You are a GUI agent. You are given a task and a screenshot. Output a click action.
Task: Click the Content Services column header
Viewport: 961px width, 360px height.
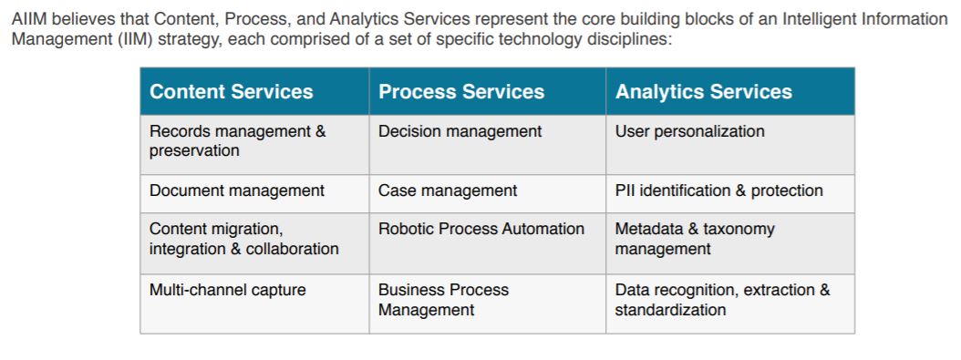[x=231, y=92]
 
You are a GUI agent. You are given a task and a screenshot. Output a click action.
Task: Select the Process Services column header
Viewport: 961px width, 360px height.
[x=461, y=92]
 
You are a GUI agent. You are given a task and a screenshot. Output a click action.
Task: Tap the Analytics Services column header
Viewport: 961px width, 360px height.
[x=704, y=92]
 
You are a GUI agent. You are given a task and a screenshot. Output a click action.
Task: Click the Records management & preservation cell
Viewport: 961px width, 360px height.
[x=237, y=141]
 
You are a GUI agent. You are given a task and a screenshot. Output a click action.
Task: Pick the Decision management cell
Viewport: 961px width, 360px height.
[x=460, y=131]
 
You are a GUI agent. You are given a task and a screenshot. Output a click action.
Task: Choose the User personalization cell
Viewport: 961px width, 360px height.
[x=690, y=131]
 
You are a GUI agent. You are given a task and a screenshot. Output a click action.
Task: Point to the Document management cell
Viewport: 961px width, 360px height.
[x=236, y=190]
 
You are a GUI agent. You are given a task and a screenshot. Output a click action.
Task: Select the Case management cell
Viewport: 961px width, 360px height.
[x=448, y=190]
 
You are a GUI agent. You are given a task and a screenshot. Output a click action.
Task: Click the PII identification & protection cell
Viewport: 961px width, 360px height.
[x=719, y=190]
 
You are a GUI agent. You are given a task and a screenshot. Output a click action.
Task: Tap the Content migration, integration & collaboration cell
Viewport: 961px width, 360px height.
[x=243, y=239]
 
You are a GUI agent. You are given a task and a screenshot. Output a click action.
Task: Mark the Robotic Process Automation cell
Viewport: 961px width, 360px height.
[x=481, y=229]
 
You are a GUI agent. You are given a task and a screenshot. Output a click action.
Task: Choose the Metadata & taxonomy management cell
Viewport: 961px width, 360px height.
[x=695, y=239]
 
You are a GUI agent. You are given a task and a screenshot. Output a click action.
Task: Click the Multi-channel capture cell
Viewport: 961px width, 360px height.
[x=228, y=291]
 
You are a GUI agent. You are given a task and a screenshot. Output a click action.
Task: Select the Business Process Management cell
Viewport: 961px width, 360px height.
[x=444, y=300]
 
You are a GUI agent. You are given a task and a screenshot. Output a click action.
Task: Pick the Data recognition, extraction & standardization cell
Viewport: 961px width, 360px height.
[x=723, y=300]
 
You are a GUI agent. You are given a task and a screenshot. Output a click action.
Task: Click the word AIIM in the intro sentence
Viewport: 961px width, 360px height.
[x=28, y=19]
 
